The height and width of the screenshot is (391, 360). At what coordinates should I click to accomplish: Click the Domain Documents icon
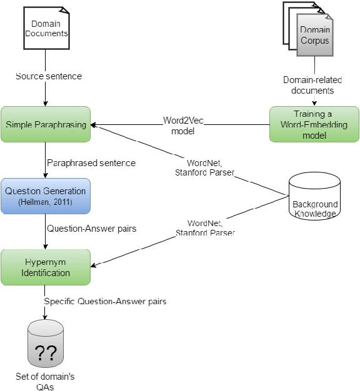pos(46,27)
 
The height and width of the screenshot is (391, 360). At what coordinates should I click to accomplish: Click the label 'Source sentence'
pos(49,76)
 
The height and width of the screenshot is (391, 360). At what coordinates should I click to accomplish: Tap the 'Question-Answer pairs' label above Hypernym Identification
pos(92,229)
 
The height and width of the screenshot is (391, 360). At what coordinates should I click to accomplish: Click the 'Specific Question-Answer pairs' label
pos(104,302)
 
